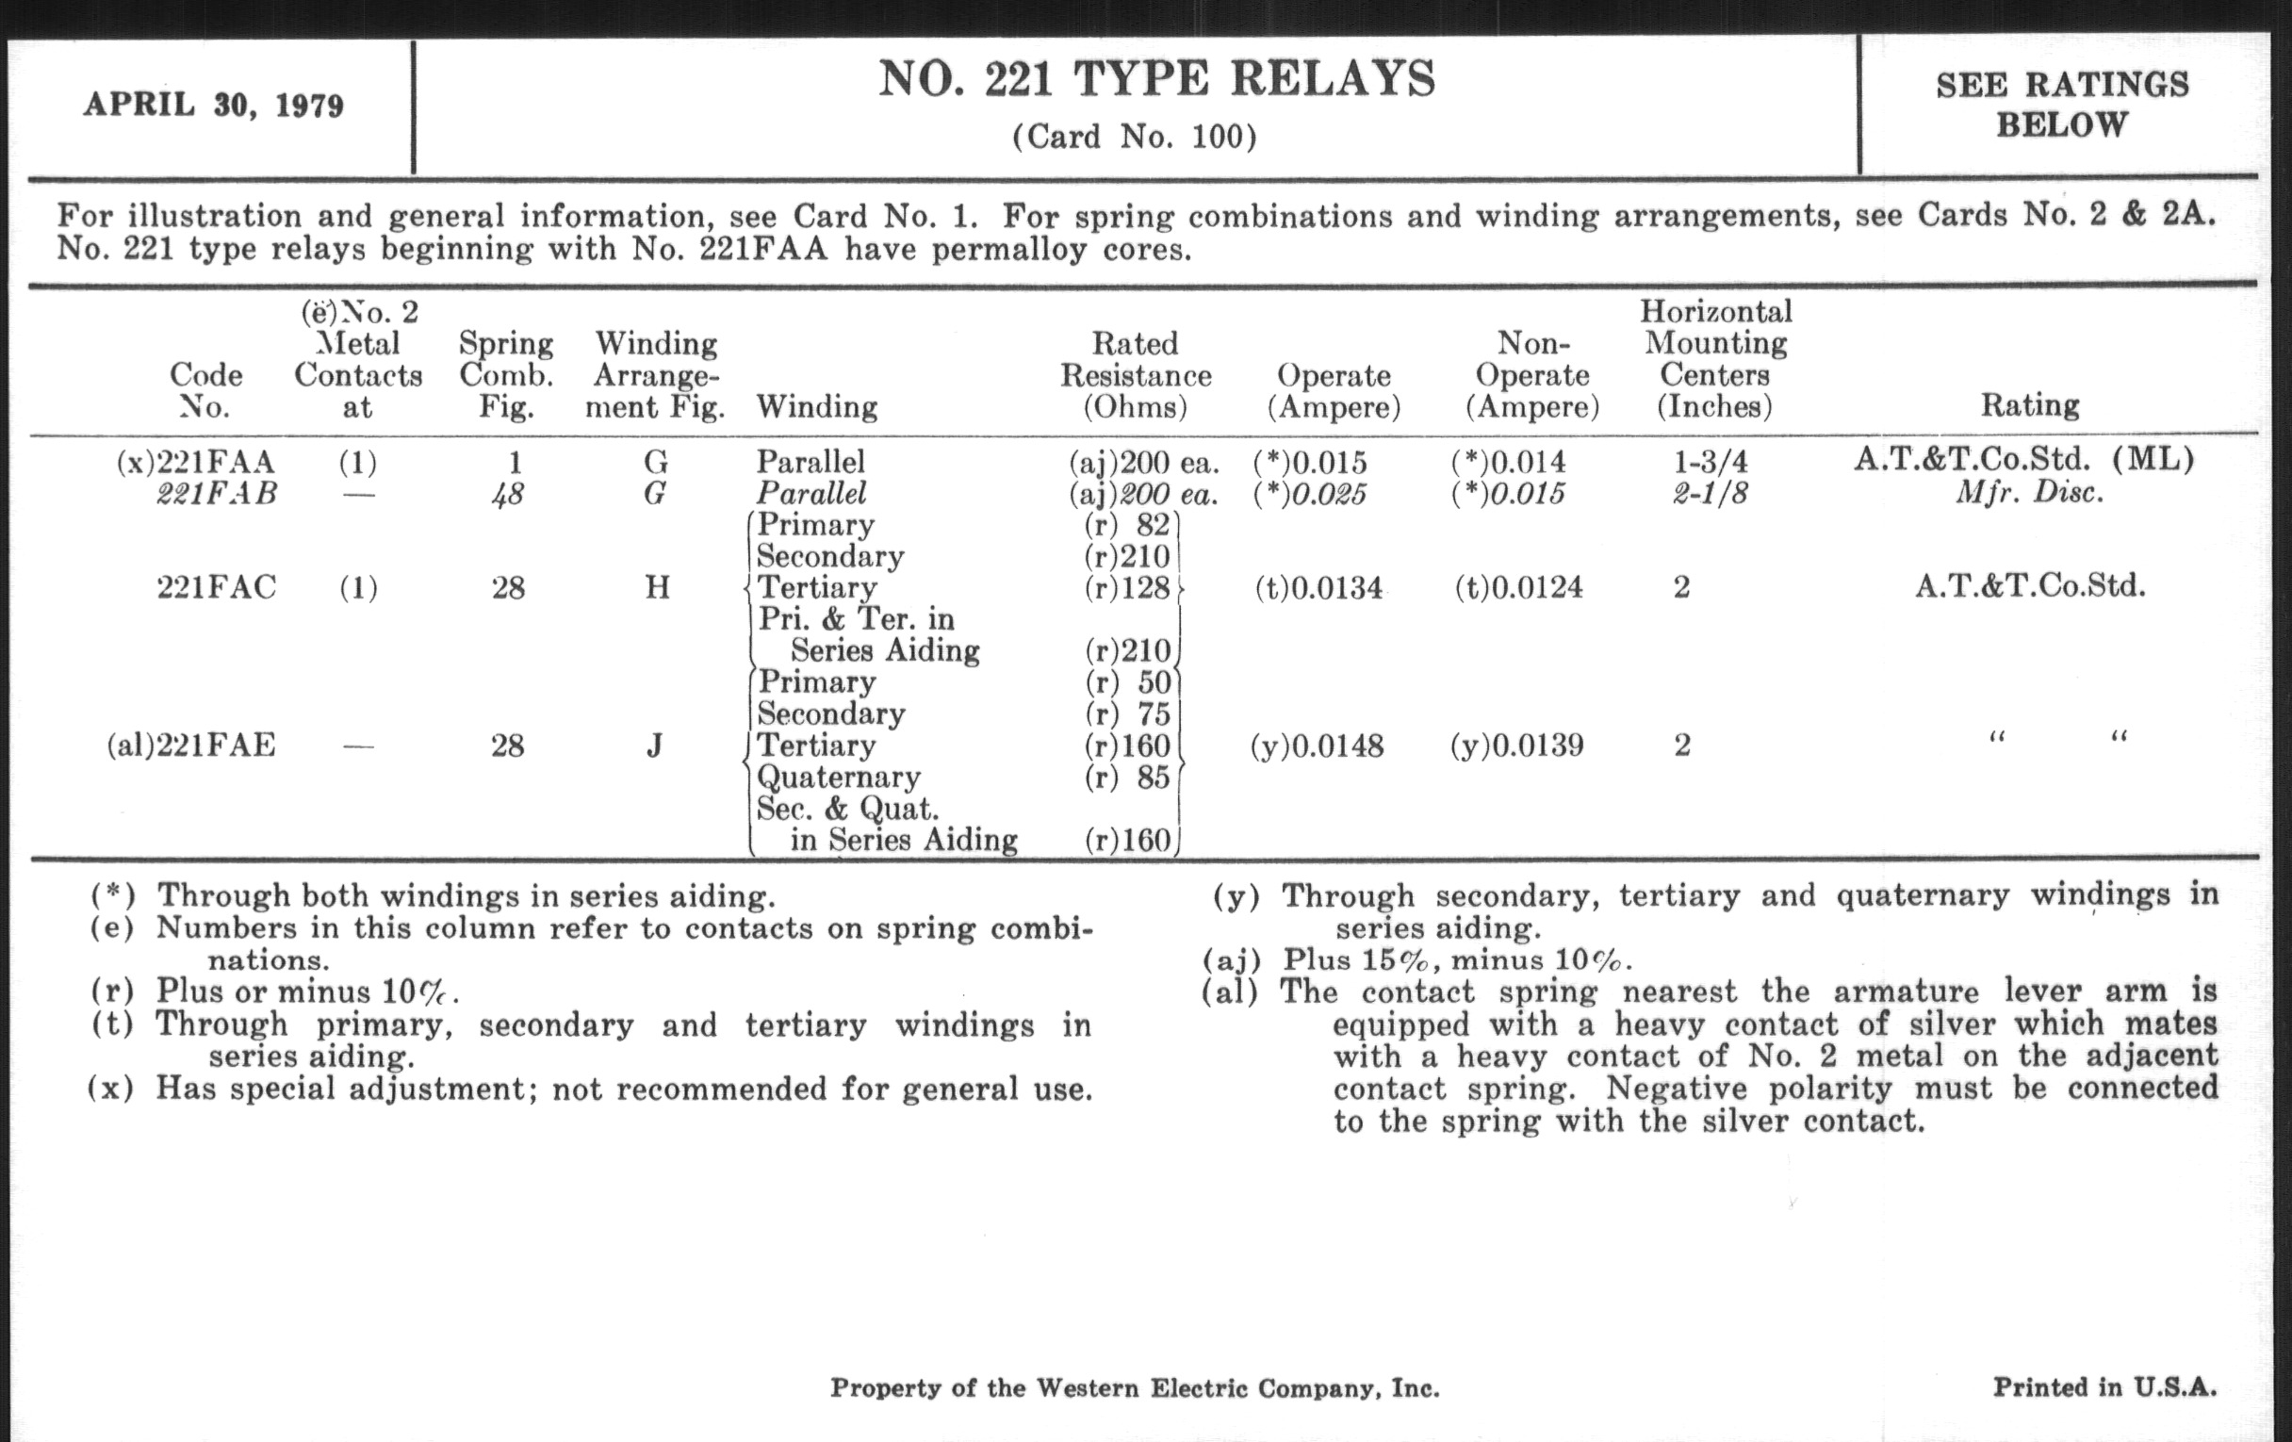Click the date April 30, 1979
213,105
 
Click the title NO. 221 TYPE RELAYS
1155,79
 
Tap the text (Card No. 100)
1134,138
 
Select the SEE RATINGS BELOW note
2062,105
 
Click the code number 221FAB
217,494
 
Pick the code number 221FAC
216,587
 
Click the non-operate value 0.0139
1517,746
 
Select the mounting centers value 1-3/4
1711,463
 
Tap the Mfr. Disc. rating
2029,493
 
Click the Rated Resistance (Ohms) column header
1136,375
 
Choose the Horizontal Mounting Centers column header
1715,359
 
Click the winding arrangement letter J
654,746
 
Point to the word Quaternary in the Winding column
839,778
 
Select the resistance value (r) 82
1128,525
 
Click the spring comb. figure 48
507,494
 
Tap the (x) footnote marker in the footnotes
111,1088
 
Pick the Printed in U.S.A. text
2104,1387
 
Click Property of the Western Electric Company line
1135,1388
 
